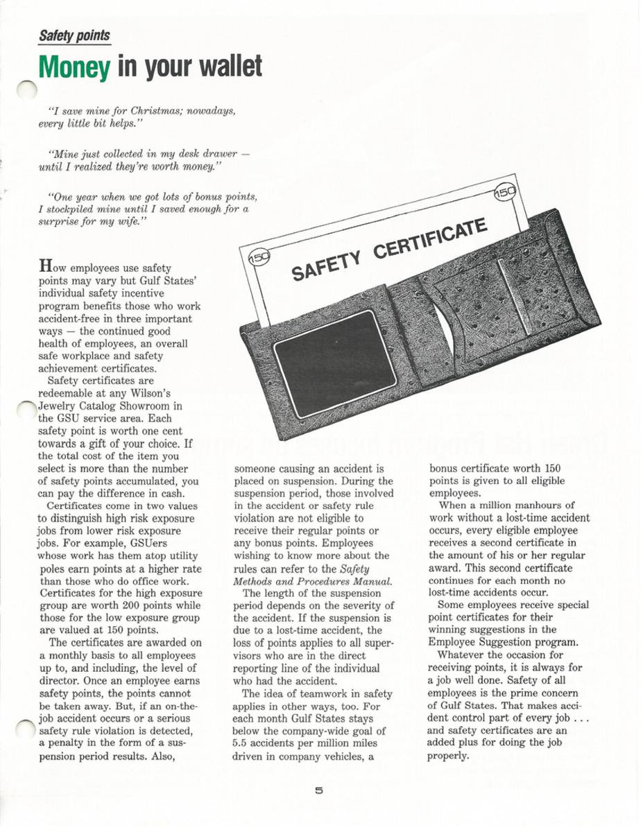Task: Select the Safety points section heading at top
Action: click(x=74, y=35)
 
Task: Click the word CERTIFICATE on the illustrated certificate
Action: click(x=430, y=243)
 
